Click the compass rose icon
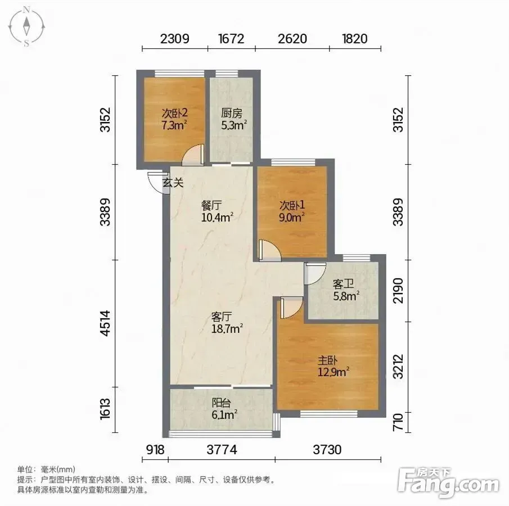(26, 27)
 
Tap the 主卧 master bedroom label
(327, 360)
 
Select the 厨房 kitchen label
(232, 113)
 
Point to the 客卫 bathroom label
(343, 284)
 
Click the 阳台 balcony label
(222, 403)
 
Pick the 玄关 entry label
(173, 182)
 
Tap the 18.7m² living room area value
(227, 329)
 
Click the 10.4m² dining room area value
(218, 217)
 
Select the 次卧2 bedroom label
(175, 113)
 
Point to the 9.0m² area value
(291, 217)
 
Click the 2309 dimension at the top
(175, 39)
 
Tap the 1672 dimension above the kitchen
(231, 39)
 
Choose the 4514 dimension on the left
(106, 323)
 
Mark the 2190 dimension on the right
(398, 291)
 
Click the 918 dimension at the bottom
(155, 450)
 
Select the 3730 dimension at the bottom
(327, 450)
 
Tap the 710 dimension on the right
(398, 422)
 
